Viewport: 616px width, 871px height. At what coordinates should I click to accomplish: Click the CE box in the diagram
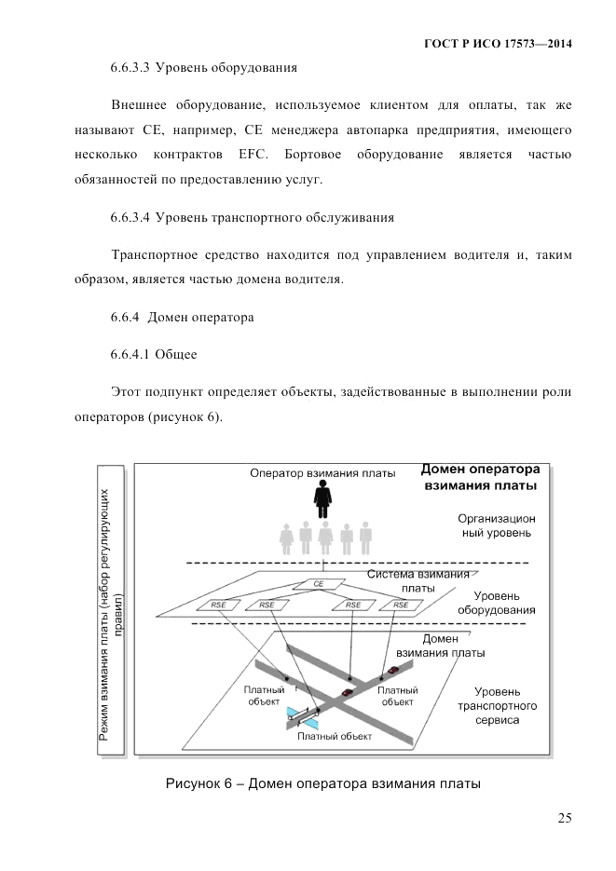tap(319, 584)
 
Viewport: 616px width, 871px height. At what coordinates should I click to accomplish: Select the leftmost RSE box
tap(219, 605)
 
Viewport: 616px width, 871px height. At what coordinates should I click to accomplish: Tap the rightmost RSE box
tap(401, 605)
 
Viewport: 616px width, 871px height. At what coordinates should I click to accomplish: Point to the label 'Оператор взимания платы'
tap(322, 472)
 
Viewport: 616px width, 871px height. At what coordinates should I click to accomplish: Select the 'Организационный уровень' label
tap(495, 525)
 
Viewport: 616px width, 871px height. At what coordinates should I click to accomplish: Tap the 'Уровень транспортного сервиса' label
tap(504, 706)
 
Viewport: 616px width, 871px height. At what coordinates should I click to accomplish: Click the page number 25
tap(564, 818)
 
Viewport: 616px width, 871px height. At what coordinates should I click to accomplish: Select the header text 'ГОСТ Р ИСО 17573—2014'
tap(498, 44)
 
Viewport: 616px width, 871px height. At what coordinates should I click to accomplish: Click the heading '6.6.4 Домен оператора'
tap(182, 317)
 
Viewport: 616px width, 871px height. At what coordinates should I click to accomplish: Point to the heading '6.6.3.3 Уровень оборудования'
tap(203, 68)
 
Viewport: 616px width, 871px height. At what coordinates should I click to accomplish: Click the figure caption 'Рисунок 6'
tap(323, 783)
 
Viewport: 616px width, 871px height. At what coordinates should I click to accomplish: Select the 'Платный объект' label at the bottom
tap(335, 735)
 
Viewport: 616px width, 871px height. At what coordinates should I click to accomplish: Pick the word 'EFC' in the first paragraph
tap(239, 152)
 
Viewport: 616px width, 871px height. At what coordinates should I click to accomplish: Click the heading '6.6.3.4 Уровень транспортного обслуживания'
tap(252, 217)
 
